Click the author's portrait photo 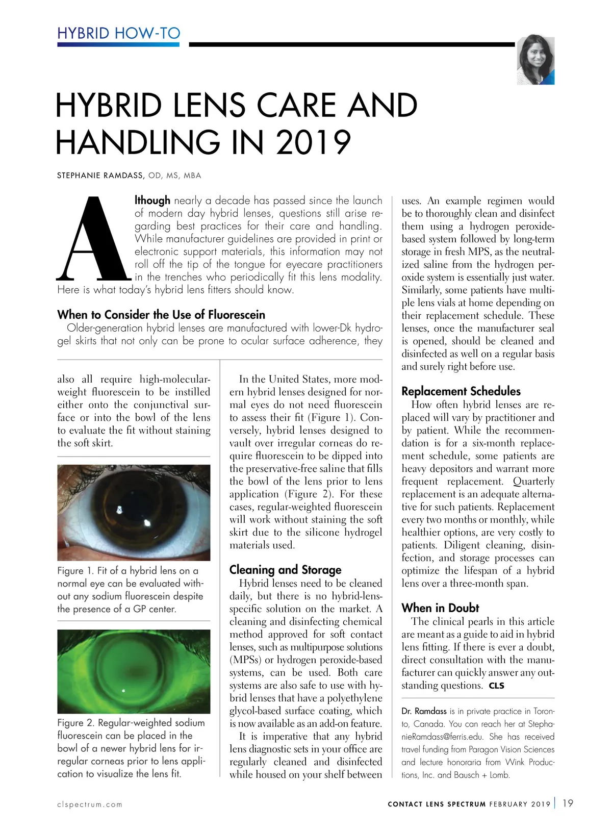coord(535,60)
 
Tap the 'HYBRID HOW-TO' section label coord(118,33)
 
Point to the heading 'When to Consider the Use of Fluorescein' coord(161,314)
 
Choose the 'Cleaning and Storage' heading coord(285,569)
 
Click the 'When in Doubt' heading coord(440,608)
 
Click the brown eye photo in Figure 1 coord(134,512)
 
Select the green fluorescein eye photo coord(134,671)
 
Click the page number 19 coord(568,803)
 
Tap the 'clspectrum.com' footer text coord(90,804)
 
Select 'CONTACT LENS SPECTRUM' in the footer coord(437,804)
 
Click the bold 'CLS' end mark coord(496,686)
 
